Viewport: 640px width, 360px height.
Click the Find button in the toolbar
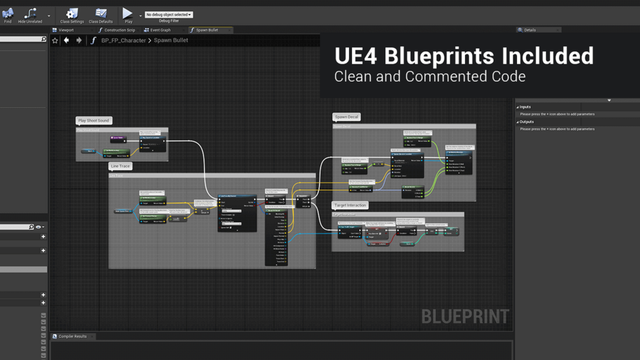tap(8, 15)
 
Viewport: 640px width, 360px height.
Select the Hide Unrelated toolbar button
tap(30, 15)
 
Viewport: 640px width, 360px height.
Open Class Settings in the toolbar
tap(72, 15)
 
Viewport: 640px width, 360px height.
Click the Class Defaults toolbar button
tap(101, 15)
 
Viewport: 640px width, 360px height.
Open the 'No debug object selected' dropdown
tap(169, 15)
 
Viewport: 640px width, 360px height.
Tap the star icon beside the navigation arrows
tap(55, 41)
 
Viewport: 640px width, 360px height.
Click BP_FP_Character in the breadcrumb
tap(124, 41)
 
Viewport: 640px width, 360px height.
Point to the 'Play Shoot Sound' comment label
tap(94, 120)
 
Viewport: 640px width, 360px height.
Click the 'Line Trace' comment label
tap(120, 166)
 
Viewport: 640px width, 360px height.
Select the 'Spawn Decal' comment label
tap(346, 117)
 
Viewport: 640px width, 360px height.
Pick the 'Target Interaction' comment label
tap(350, 206)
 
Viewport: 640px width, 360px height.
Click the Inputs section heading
tap(525, 107)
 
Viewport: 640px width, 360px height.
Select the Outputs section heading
tap(527, 122)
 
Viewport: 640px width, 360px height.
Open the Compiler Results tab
tap(72, 336)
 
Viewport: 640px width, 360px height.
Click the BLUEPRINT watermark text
tap(465, 317)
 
